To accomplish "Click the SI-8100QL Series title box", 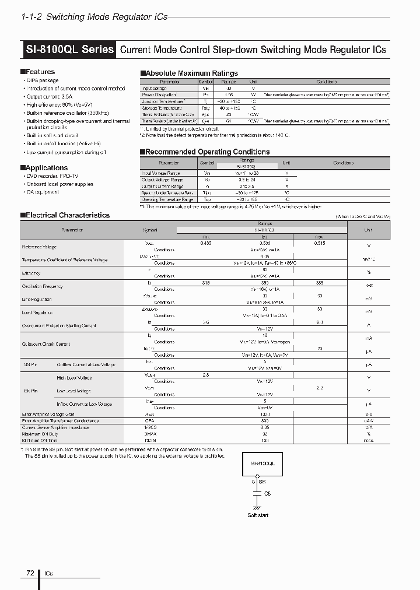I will (69, 50).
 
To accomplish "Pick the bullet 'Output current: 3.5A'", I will (51, 97).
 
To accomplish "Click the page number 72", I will (30, 573).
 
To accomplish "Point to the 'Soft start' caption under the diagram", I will (258, 515).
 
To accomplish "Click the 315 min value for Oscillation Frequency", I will (205, 283).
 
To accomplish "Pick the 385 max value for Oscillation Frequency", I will (319, 283).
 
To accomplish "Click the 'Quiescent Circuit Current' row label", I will (46, 345).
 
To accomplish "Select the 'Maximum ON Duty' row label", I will (40, 434).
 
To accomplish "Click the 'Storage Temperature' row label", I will (161, 108).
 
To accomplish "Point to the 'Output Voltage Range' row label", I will (161, 180).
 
